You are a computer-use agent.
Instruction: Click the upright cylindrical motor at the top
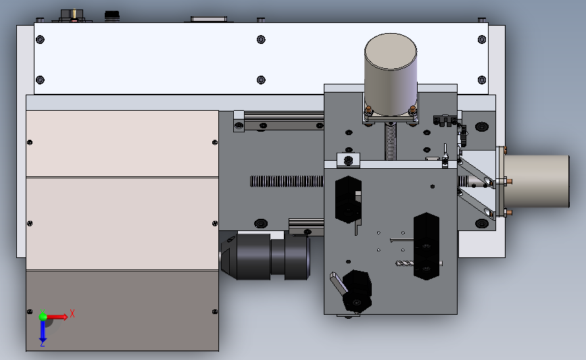pos(391,75)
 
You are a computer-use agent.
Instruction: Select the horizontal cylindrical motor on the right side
pos(536,182)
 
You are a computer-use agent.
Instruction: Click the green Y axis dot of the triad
pos(43,317)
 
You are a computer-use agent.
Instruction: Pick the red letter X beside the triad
pos(72,313)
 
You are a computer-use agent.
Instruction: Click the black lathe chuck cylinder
pos(266,256)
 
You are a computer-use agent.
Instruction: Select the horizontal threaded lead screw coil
pos(287,182)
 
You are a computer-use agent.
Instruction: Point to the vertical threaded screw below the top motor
pos(390,142)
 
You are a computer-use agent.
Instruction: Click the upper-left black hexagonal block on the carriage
pos(348,199)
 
